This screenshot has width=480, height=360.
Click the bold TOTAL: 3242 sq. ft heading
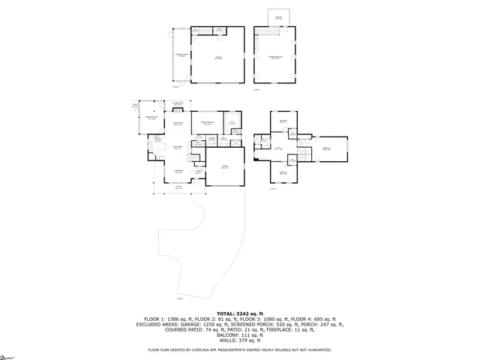coord(239,313)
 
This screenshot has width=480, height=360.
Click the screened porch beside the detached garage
coord(181,56)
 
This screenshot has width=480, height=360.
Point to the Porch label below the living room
coord(178,187)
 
